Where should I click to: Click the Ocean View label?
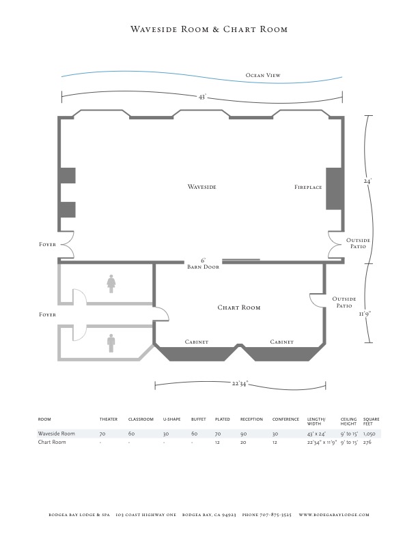(x=263, y=75)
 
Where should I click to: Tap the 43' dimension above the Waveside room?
(x=202, y=97)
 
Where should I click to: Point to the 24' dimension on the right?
(x=367, y=180)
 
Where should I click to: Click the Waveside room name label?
(x=201, y=187)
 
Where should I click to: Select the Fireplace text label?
(x=308, y=187)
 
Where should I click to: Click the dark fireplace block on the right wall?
(x=335, y=189)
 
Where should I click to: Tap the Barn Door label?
(x=203, y=267)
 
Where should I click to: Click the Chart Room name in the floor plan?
(x=238, y=307)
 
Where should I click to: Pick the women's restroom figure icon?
(x=111, y=284)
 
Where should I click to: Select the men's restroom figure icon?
(x=111, y=344)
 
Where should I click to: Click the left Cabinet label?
(x=197, y=342)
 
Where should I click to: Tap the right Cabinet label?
(x=282, y=342)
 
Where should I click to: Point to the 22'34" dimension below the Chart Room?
(x=240, y=383)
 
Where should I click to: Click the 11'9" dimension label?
(x=365, y=314)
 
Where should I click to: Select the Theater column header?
(x=109, y=419)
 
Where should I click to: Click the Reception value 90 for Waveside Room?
(x=243, y=434)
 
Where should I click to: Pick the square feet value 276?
(x=367, y=442)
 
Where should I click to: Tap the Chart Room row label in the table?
(x=52, y=442)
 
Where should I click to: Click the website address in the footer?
(x=334, y=515)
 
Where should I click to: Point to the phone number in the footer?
(x=266, y=515)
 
